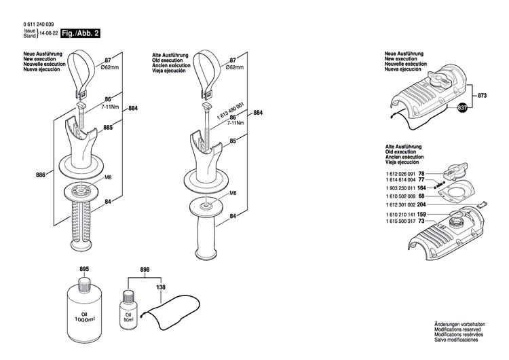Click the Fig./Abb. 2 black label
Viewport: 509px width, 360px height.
[x=76, y=33]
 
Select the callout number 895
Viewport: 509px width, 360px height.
[x=84, y=270]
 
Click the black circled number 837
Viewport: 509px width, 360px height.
[x=462, y=108]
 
